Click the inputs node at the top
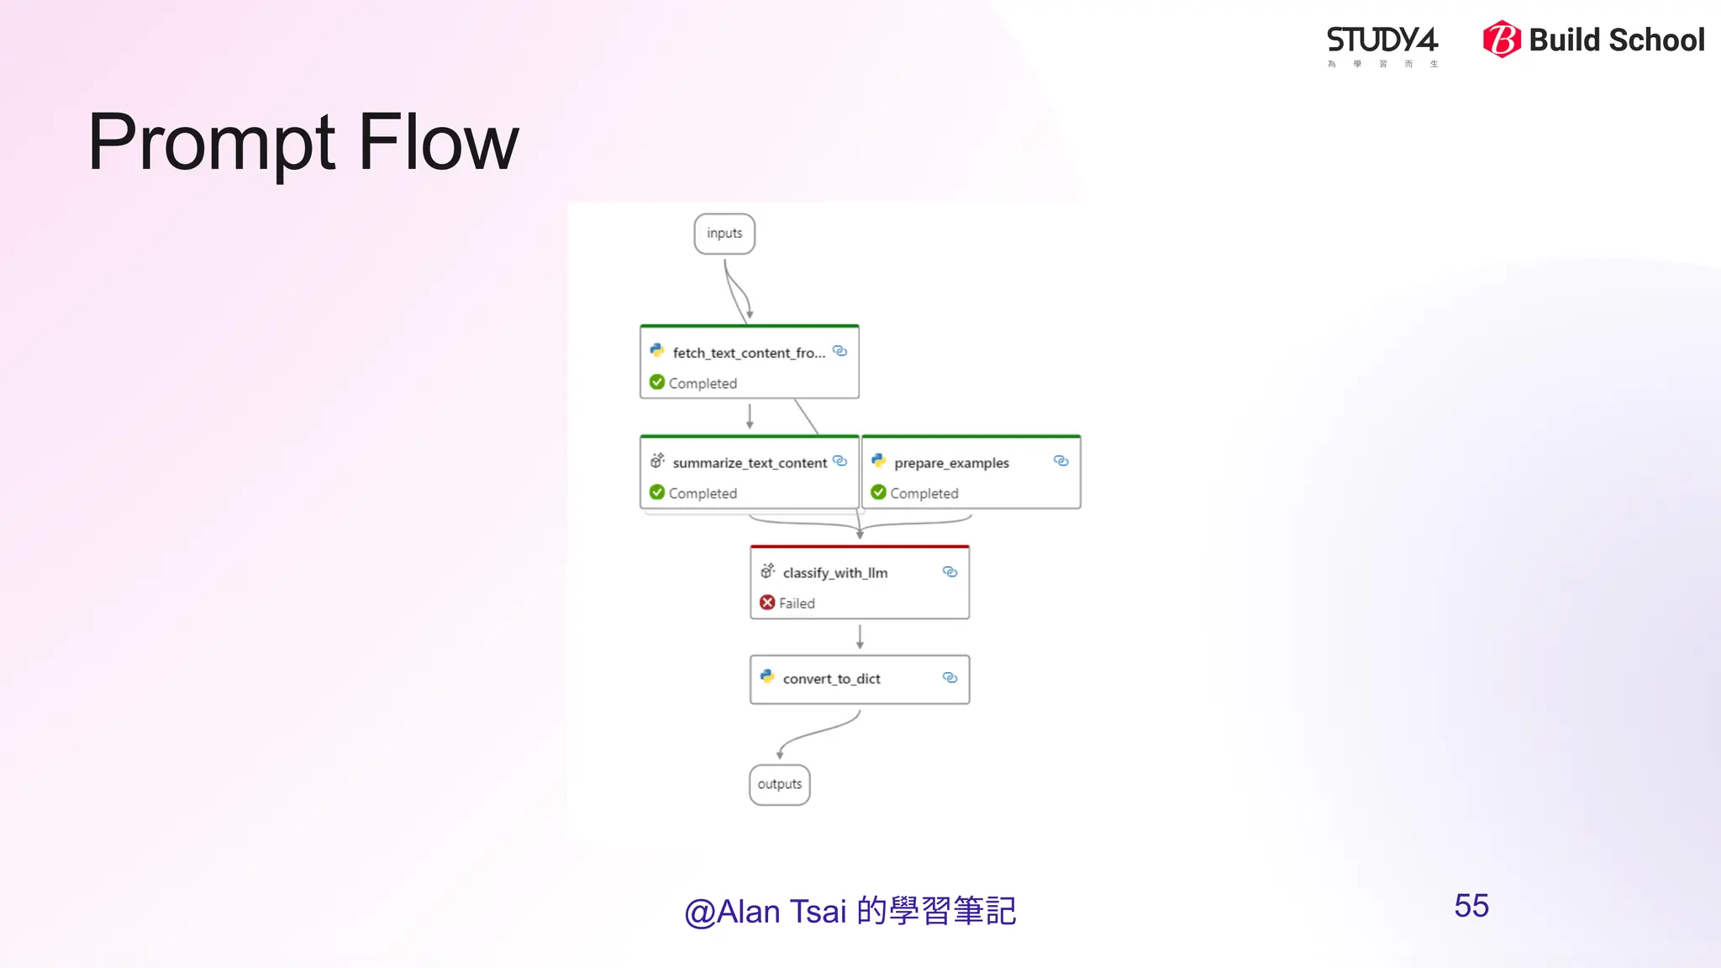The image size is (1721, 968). pyautogui.click(x=724, y=234)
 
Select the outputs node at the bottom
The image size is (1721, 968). pyautogui.click(x=779, y=785)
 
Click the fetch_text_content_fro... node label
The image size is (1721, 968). pyautogui.click(x=748, y=354)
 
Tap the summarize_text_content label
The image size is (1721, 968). pyautogui.click(x=749, y=463)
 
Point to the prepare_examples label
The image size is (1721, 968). pyautogui.click(x=951, y=463)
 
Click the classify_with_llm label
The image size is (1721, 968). pyautogui.click(x=834, y=573)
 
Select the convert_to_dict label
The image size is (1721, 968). pyautogui.click(x=831, y=679)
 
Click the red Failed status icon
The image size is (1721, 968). pyautogui.click(x=767, y=602)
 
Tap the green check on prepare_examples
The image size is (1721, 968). pyautogui.click(x=879, y=492)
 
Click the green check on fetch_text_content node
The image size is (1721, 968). pyautogui.click(x=657, y=382)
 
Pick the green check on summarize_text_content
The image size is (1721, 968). pyautogui.click(x=657, y=492)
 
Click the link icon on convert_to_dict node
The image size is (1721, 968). pyautogui.click(x=950, y=677)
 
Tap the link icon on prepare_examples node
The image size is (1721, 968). pyautogui.click(x=1060, y=461)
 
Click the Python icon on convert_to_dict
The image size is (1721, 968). pyautogui.click(x=767, y=676)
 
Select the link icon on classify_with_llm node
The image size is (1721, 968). pyautogui.click(x=950, y=572)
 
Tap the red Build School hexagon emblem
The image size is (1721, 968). pyautogui.click(x=1502, y=39)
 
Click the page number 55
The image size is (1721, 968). pyautogui.click(x=1471, y=906)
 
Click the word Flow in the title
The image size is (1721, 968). pyautogui.click(x=439, y=143)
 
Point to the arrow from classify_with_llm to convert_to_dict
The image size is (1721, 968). pyautogui.click(x=860, y=637)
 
